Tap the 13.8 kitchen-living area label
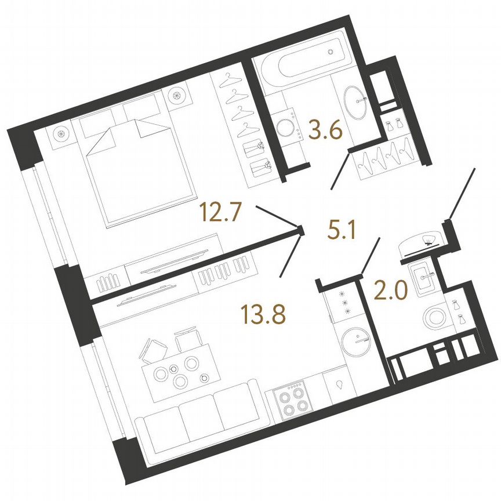[x=263, y=314]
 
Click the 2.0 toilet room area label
[x=390, y=290]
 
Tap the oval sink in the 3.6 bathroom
[x=355, y=102]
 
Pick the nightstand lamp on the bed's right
[x=177, y=96]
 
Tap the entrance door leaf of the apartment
[x=462, y=194]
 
